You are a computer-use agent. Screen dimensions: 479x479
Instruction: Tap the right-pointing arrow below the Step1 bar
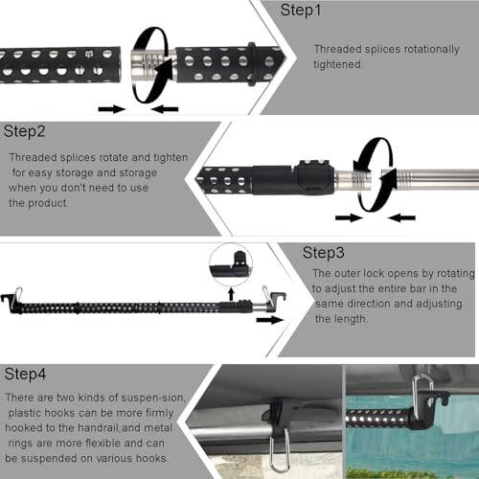pos(112,109)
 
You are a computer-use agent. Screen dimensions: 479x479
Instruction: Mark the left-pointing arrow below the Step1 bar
pos(165,109)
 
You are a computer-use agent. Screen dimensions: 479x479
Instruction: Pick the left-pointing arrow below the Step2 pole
pos(402,217)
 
